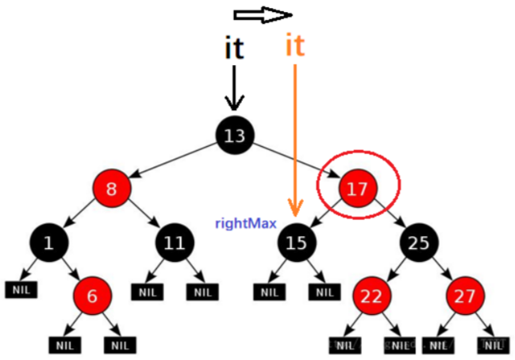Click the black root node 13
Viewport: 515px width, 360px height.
point(234,136)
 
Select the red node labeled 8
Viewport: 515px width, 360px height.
point(111,189)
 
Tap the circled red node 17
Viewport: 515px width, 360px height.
point(358,189)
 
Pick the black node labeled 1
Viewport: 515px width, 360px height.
point(49,242)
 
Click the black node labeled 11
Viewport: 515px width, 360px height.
point(174,242)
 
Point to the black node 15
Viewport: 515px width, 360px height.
point(296,242)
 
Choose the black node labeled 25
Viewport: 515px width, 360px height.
point(421,242)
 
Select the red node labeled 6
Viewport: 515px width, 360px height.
point(92,296)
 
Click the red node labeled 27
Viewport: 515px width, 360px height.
point(465,296)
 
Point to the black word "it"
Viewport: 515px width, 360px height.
point(233,48)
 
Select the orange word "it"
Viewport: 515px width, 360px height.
point(294,44)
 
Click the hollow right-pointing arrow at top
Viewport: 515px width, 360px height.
point(263,14)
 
